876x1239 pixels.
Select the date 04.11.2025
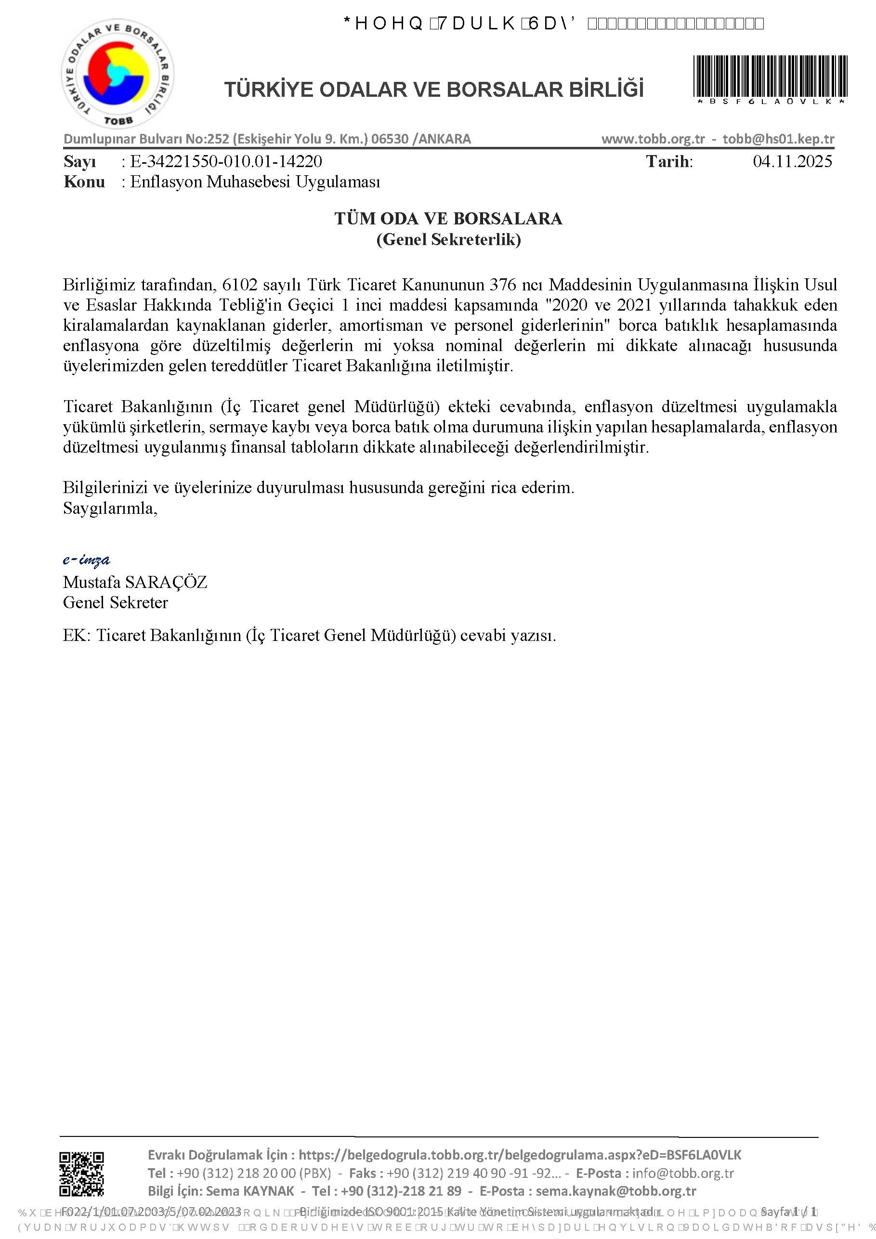792,161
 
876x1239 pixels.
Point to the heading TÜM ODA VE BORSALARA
448,219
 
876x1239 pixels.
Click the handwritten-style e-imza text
86,560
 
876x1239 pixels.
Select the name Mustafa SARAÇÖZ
135,582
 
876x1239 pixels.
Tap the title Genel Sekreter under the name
116,603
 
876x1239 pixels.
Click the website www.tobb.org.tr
653,139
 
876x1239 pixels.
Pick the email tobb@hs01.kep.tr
778,139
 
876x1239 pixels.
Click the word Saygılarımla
110,509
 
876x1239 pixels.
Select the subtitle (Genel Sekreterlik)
448,239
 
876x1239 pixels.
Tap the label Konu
84,182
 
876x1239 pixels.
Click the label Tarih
668,161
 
